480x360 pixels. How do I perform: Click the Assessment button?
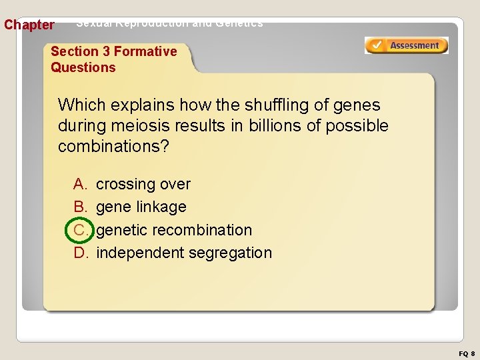click(406, 45)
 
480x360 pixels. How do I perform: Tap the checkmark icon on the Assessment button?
click(377, 45)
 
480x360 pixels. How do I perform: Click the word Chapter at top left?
click(29, 25)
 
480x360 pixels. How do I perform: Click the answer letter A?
click(80, 184)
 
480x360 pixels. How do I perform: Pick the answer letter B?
click(80, 207)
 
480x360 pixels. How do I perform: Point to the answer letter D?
click(81, 253)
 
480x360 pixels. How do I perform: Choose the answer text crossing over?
click(143, 184)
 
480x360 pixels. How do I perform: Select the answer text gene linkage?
click(141, 207)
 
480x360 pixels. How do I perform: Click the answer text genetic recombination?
click(174, 230)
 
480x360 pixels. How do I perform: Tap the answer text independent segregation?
click(184, 253)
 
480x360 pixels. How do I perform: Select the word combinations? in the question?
click(114, 146)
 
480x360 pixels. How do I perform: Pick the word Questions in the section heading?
click(83, 67)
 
